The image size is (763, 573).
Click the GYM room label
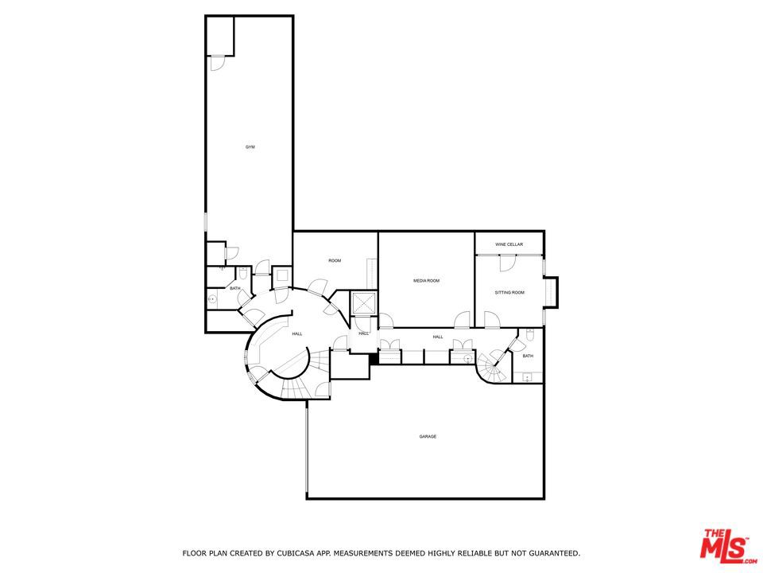(x=250, y=147)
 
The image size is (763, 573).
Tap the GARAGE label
(x=428, y=436)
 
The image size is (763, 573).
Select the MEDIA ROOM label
(x=426, y=281)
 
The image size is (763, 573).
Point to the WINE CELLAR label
(x=509, y=244)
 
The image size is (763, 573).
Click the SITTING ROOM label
(x=509, y=293)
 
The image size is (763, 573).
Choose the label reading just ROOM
(x=335, y=261)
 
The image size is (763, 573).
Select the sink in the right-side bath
(x=527, y=376)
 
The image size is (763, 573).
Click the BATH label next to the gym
(x=235, y=288)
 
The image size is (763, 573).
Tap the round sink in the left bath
(x=213, y=299)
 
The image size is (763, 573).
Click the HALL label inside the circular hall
(x=296, y=334)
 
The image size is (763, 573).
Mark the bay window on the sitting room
(x=552, y=292)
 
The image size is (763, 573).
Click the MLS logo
(x=724, y=545)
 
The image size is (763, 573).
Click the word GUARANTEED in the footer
(x=550, y=552)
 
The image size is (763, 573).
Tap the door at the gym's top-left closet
(x=219, y=62)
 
